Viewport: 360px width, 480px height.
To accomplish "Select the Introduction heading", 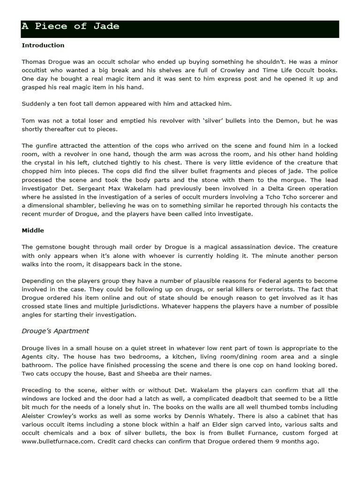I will tap(43, 45).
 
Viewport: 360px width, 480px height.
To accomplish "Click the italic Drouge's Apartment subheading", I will tap(55, 331).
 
